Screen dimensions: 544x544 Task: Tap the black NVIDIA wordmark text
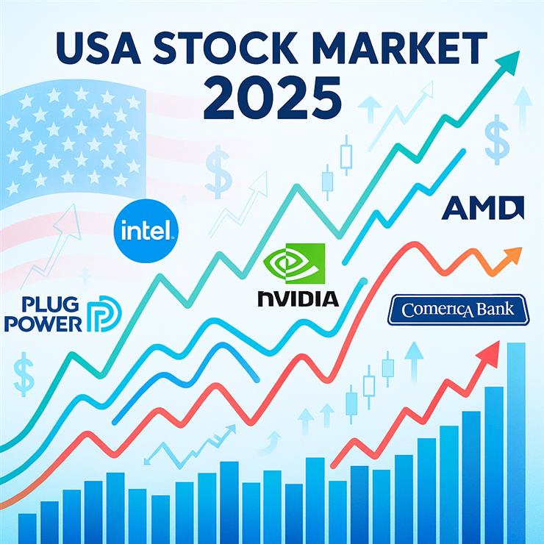point(298,298)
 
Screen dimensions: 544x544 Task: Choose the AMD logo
point(482,209)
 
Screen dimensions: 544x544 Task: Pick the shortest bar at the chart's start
point(27,527)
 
